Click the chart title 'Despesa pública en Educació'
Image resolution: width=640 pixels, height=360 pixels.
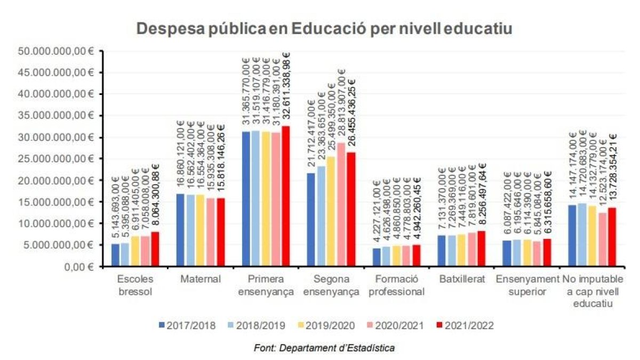(x=324, y=29)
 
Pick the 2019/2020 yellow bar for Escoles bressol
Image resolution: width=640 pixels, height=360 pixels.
(x=135, y=251)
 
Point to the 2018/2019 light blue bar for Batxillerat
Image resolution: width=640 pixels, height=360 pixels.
(x=452, y=251)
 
